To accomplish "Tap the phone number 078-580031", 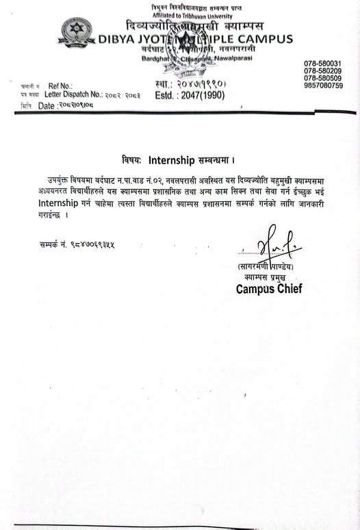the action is (x=322, y=64).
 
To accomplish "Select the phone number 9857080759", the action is (x=322, y=85).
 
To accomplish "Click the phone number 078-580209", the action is (x=322, y=71).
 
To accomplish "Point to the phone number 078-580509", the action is (x=322, y=78).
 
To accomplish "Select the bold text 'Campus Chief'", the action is (x=269, y=288).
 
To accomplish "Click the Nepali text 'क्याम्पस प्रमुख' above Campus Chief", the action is (x=262, y=277).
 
